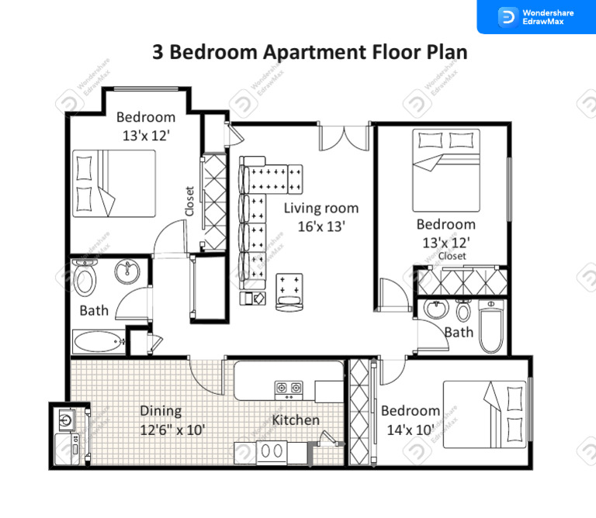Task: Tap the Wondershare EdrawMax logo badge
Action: pos(535,16)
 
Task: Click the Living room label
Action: pos(321,208)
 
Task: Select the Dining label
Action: pos(161,411)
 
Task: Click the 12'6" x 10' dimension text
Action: pos(172,430)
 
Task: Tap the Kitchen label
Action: pos(296,420)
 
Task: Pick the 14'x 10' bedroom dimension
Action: pos(410,430)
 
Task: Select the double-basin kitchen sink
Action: pos(272,451)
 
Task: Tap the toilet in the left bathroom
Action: pos(85,277)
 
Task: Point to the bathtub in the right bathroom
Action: pos(492,330)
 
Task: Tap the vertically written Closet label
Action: pos(189,201)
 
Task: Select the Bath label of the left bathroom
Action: pos(94,311)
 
